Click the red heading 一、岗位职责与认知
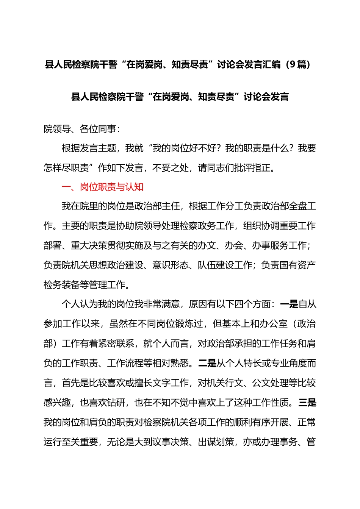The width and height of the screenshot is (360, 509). (x=102, y=187)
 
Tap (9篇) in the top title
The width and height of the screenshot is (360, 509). (x=300, y=64)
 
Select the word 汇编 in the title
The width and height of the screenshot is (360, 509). (x=272, y=64)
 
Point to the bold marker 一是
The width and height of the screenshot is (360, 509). (x=289, y=304)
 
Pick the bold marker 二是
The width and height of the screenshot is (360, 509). (x=207, y=363)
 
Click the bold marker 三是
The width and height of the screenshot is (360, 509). (x=307, y=403)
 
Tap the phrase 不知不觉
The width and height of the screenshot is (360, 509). (x=180, y=403)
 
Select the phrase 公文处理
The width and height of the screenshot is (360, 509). (x=271, y=383)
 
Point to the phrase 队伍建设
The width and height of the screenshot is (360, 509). (x=216, y=265)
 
